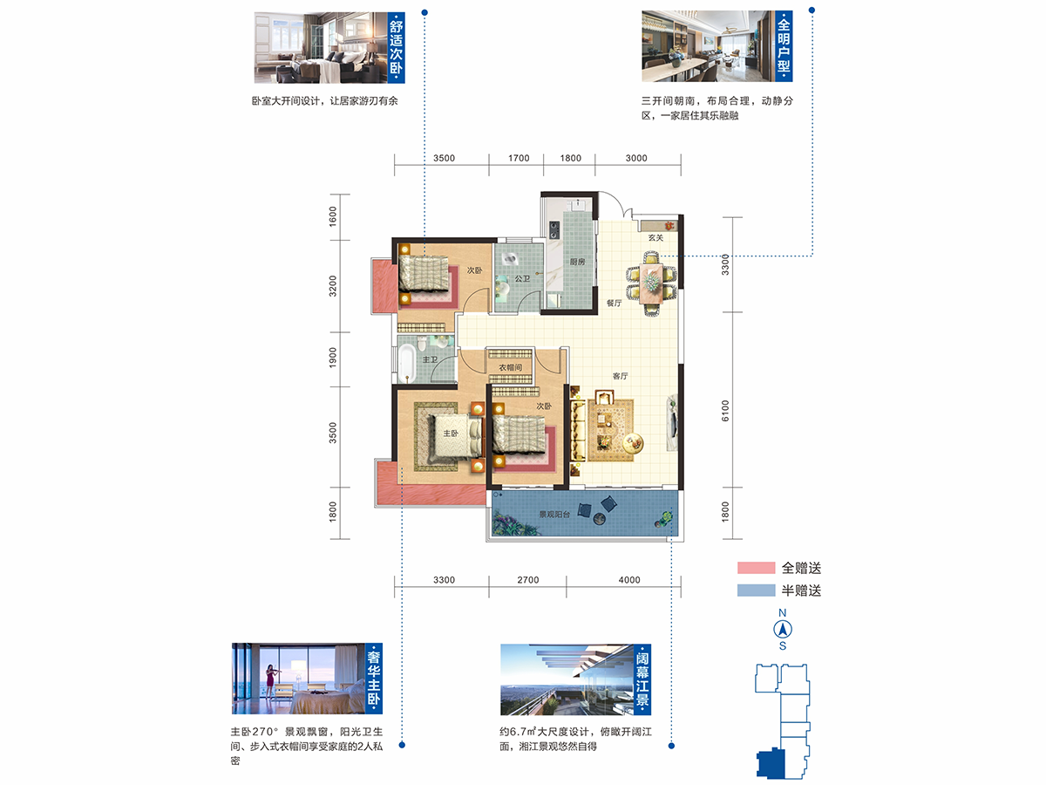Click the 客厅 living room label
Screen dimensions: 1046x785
tap(620, 376)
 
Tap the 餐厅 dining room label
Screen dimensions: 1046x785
tap(615, 304)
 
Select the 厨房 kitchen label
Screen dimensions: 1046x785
tap(577, 262)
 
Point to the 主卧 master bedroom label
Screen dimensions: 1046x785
tap(451, 433)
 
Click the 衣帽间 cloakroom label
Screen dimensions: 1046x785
tap(511, 367)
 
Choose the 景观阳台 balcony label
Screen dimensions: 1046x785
tap(554, 515)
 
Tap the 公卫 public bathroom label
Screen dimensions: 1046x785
tap(522, 278)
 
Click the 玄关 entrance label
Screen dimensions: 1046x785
tap(655, 237)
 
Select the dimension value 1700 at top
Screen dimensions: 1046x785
tap(519, 158)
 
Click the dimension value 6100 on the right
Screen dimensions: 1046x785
tap(725, 410)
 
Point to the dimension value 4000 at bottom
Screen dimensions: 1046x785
tap(629, 580)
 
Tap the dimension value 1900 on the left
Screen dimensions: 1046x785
tap(333, 357)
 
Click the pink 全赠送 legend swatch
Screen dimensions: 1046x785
tap(756, 568)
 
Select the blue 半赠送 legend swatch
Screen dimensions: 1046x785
tap(756, 590)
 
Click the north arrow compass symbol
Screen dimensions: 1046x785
tap(783, 630)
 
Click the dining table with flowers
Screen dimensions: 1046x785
tap(651, 283)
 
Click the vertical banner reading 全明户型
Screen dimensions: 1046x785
tap(784, 46)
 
